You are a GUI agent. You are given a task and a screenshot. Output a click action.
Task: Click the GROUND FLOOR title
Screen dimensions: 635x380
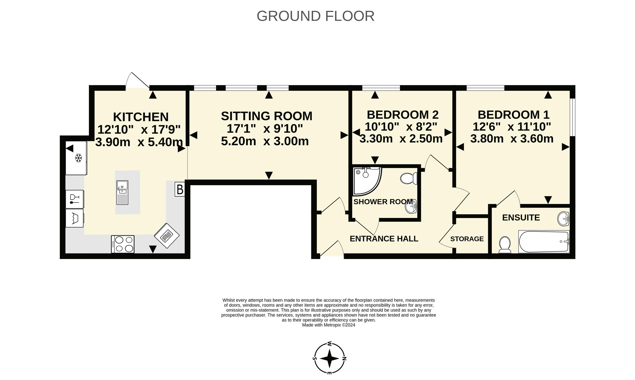click(316, 16)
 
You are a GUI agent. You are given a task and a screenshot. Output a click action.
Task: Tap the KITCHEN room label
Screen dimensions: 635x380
click(141, 117)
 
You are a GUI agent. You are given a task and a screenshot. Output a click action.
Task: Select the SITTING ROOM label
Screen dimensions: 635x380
click(266, 116)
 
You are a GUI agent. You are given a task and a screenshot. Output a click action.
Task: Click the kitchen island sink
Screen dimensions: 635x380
click(122, 192)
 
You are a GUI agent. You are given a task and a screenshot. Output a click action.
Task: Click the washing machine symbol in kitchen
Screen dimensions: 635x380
click(74, 218)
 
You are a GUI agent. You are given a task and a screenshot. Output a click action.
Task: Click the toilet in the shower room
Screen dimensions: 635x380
click(409, 178)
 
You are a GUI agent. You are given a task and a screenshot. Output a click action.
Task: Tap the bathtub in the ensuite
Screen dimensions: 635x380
click(544, 241)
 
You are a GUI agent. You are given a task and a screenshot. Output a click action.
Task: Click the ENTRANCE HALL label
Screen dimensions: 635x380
click(384, 239)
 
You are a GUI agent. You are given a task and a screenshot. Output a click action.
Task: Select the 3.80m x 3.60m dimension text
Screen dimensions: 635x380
click(512, 139)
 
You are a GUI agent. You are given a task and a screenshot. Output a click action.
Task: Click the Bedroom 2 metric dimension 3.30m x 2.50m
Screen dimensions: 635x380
click(401, 139)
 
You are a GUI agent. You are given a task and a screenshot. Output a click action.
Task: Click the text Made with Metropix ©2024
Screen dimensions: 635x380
click(329, 325)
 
